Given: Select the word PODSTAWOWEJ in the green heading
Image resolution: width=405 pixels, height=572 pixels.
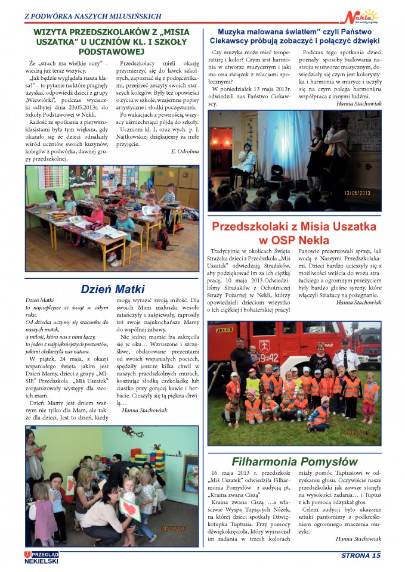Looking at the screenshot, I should pos(112,51).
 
